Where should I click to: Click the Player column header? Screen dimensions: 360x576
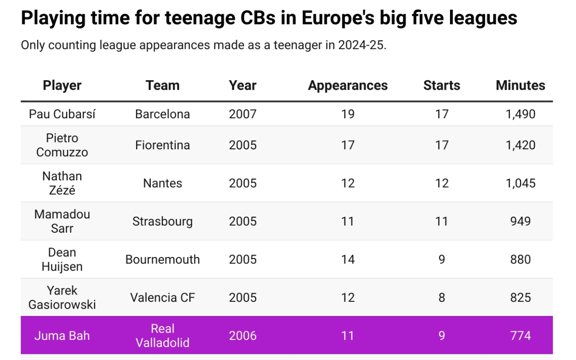62,86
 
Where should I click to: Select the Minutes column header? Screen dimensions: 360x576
520,86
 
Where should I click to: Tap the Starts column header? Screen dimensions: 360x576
441,86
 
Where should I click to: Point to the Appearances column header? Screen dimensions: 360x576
347,86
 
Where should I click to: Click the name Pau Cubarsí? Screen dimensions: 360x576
62,114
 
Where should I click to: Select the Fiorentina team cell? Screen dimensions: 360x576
162,145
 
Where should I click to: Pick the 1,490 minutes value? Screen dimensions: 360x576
520,114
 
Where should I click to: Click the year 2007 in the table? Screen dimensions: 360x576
242,114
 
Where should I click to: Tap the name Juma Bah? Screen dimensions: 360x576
62,335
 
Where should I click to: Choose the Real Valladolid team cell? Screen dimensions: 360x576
162,335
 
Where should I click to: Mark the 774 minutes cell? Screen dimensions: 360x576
520,335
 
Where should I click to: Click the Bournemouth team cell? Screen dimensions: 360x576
162,259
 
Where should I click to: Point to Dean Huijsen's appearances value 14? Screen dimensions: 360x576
347,259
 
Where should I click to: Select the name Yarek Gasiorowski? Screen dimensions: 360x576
62,297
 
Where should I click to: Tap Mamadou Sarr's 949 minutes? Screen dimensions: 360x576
520,221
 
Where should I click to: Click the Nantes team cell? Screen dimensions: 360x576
162,183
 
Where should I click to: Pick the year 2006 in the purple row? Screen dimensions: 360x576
242,335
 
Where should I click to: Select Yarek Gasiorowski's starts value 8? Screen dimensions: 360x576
441,297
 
